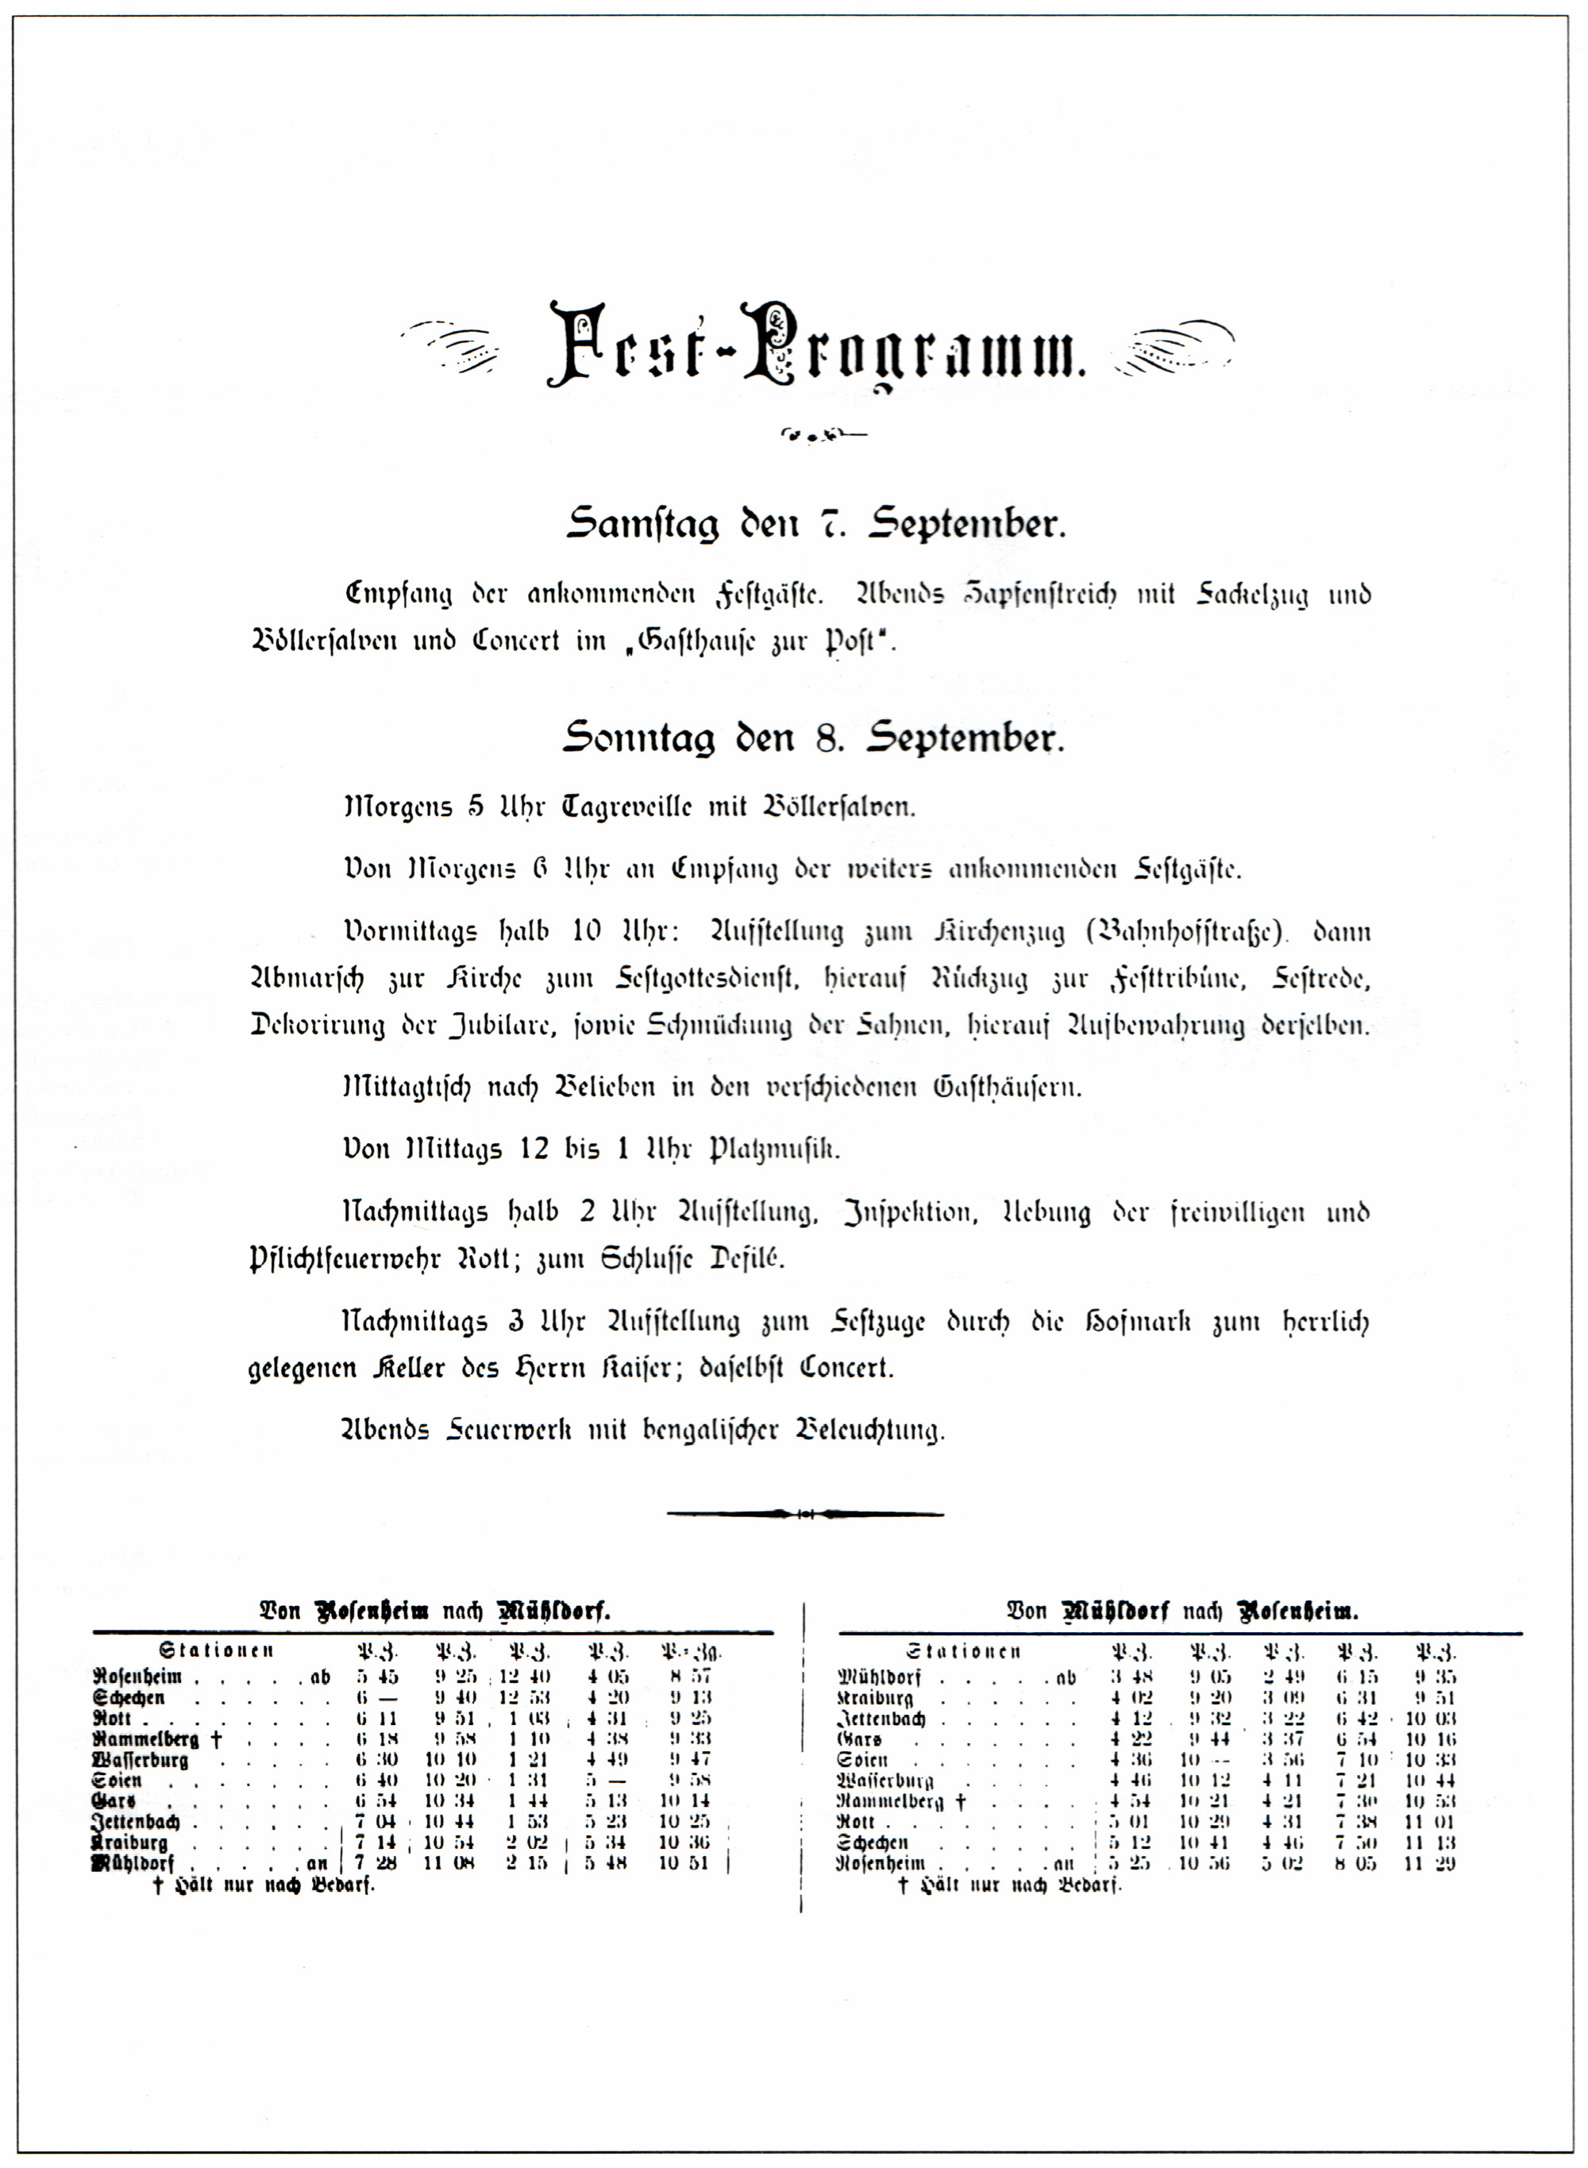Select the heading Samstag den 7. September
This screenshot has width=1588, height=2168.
point(815,525)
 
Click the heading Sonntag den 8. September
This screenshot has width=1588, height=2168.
point(813,738)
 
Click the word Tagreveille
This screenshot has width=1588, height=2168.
point(626,807)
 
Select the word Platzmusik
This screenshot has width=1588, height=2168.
point(774,1150)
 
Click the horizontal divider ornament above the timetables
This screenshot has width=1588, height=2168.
point(804,1515)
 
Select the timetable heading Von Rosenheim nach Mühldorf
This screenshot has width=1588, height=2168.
point(434,1612)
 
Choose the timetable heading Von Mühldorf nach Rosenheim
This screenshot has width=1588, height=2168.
point(1182,1612)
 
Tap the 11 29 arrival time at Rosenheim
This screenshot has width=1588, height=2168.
point(1436,1863)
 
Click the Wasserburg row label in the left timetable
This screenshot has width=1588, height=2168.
point(141,1761)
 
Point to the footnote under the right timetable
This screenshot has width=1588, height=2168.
point(1009,1885)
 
